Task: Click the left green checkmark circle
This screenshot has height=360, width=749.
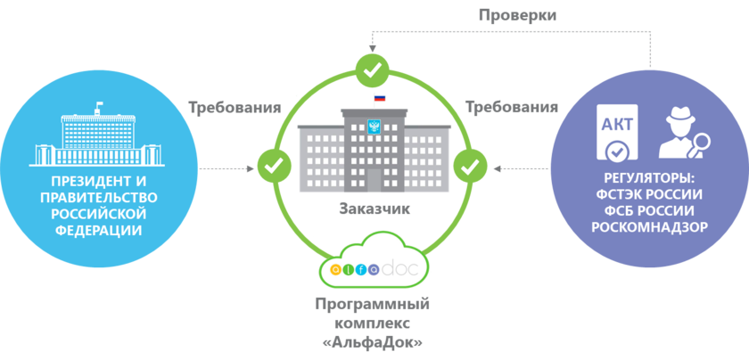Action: pyautogui.click(x=274, y=165)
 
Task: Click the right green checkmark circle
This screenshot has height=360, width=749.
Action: pyautogui.click(x=471, y=165)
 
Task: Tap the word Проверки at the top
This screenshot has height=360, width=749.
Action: pyautogui.click(x=517, y=15)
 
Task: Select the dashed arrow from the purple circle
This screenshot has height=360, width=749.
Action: pyautogui.click(x=522, y=167)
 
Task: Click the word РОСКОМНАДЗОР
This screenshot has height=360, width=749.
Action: pyautogui.click(x=649, y=226)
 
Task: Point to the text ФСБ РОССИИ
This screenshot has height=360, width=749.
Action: pyautogui.click(x=649, y=210)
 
